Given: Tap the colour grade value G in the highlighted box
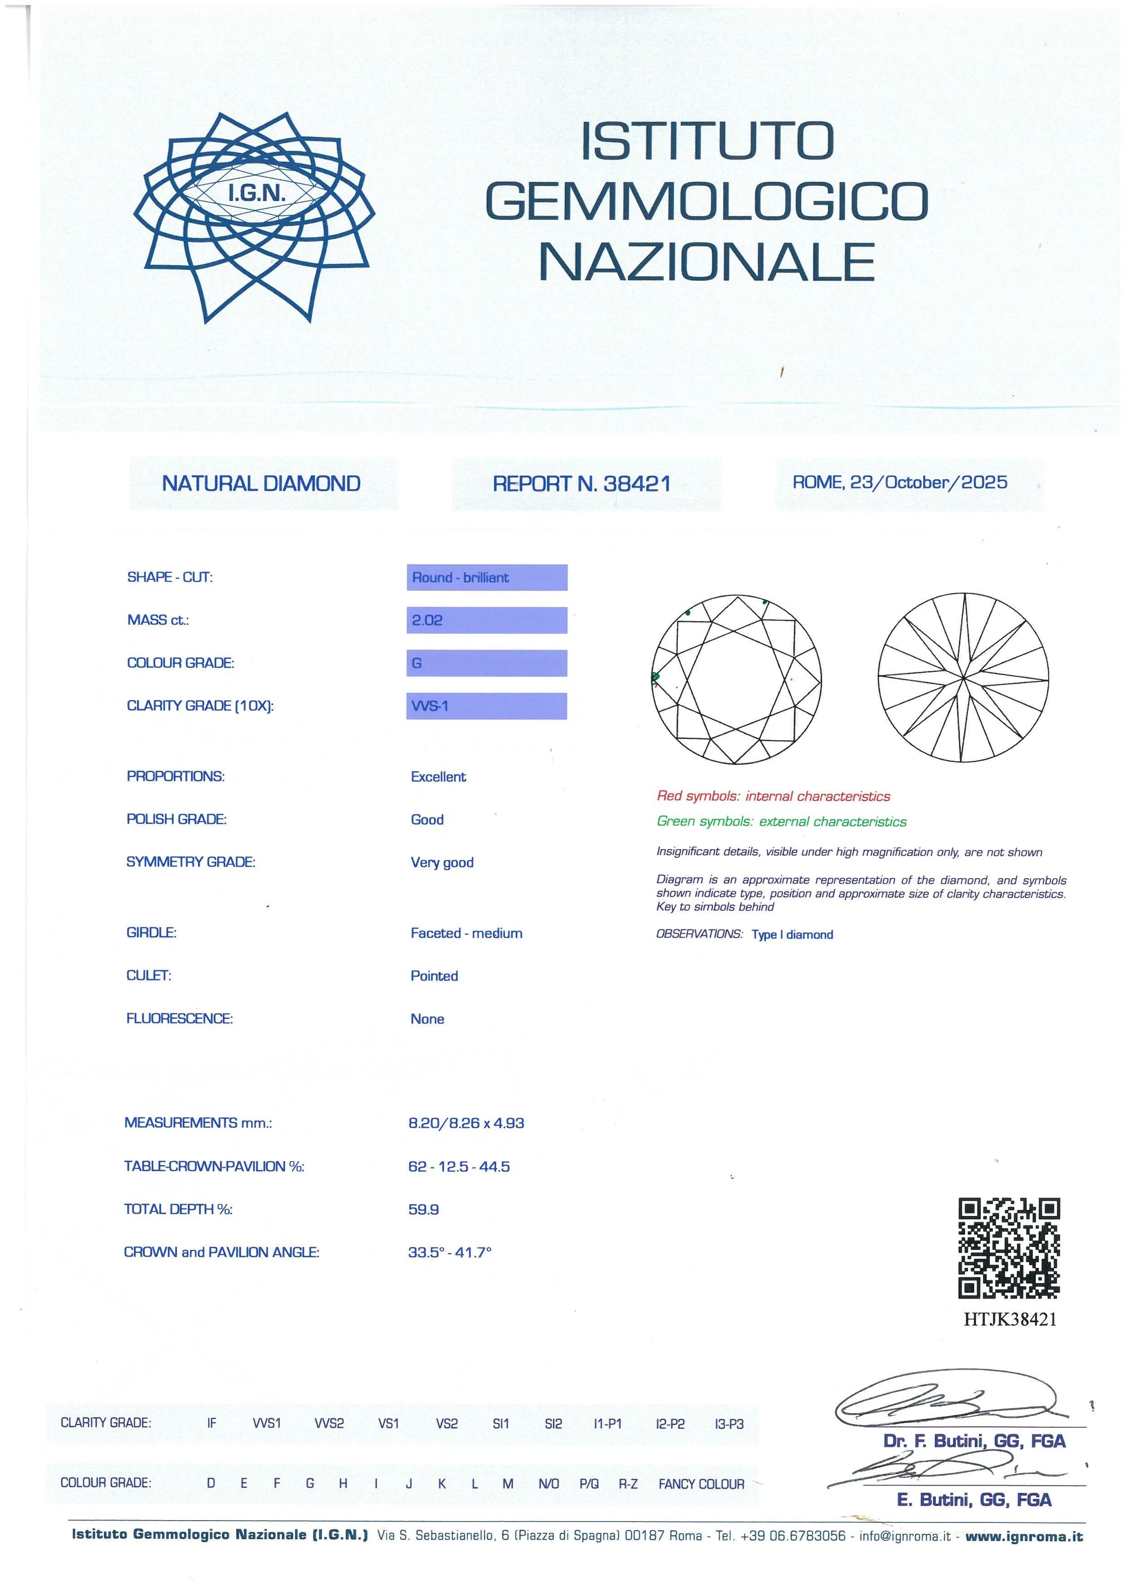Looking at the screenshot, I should coord(417,663).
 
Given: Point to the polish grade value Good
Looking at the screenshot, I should coord(427,819).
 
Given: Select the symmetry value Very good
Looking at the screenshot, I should coord(442,862).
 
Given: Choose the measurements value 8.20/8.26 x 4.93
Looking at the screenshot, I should coord(466,1123).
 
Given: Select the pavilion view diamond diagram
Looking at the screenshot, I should coord(964,679).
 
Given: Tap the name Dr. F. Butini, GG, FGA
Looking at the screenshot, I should coord(974,1441).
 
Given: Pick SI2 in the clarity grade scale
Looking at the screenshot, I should coord(553,1424).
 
